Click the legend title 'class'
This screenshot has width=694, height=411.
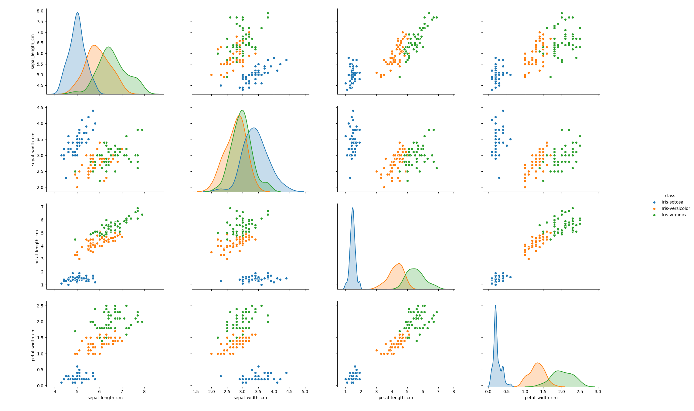pyautogui.click(x=670, y=196)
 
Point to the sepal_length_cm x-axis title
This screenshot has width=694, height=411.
pyautogui.click(x=105, y=398)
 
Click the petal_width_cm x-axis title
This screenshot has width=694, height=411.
pyautogui.click(x=541, y=398)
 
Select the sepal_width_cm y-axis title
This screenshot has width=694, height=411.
pyautogui.click(x=33, y=149)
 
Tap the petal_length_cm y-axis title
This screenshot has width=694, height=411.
pyautogui.click(x=37, y=247)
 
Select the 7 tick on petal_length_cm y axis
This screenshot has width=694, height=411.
pyautogui.click(x=42, y=207)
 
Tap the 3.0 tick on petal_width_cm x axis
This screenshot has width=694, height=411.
pyautogui.click(x=598, y=392)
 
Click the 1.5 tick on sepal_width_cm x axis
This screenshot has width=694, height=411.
pyautogui.click(x=196, y=392)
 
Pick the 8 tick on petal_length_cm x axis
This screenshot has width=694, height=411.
pyautogui.click(x=454, y=392)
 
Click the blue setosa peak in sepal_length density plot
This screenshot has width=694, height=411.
pyautogui.click(x=77, y=13)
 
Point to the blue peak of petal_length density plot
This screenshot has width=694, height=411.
pyautogui.click(x=352, y=208)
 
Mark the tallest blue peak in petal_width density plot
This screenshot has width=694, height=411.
pyautogui.click(x=495, y=306)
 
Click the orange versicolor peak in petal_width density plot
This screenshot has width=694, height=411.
pyautogui.click(x=537, y=363)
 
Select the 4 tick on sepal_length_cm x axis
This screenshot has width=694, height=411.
pyautogui.click(x=55, y=392)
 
